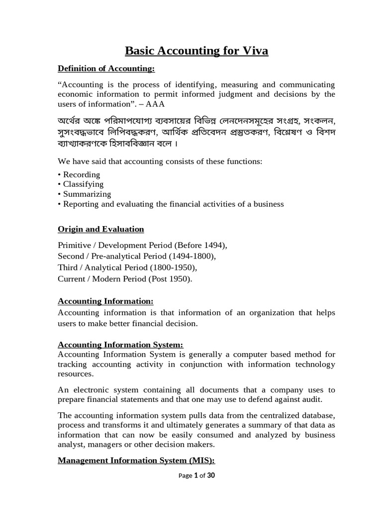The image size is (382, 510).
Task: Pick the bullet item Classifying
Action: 83,184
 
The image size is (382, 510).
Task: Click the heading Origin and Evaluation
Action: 101,229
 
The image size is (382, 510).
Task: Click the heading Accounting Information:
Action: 106,301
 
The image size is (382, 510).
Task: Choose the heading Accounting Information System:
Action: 121,345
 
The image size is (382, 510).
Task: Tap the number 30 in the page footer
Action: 210,476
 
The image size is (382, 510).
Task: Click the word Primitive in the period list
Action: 75,246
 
